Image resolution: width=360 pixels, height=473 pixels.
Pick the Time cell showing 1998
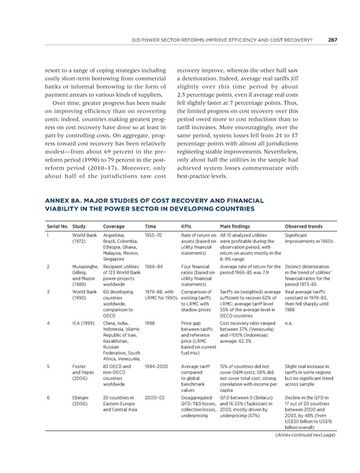pyautogui.click(x=150, y=321)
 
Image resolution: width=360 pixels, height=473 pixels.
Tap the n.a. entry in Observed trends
pyautogui.click(x=288, y=321)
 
